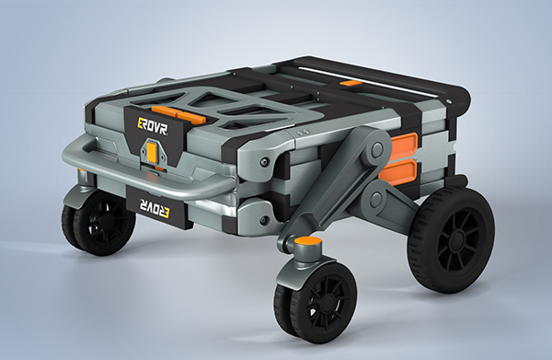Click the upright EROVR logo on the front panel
(152, 127)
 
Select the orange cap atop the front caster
(308, 242)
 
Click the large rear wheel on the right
(451, 240)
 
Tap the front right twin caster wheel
(316, 302)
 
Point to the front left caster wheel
(98, 223)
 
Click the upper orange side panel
(404, 145)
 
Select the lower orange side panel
(398, 172)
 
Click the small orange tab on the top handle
(351, 84)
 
